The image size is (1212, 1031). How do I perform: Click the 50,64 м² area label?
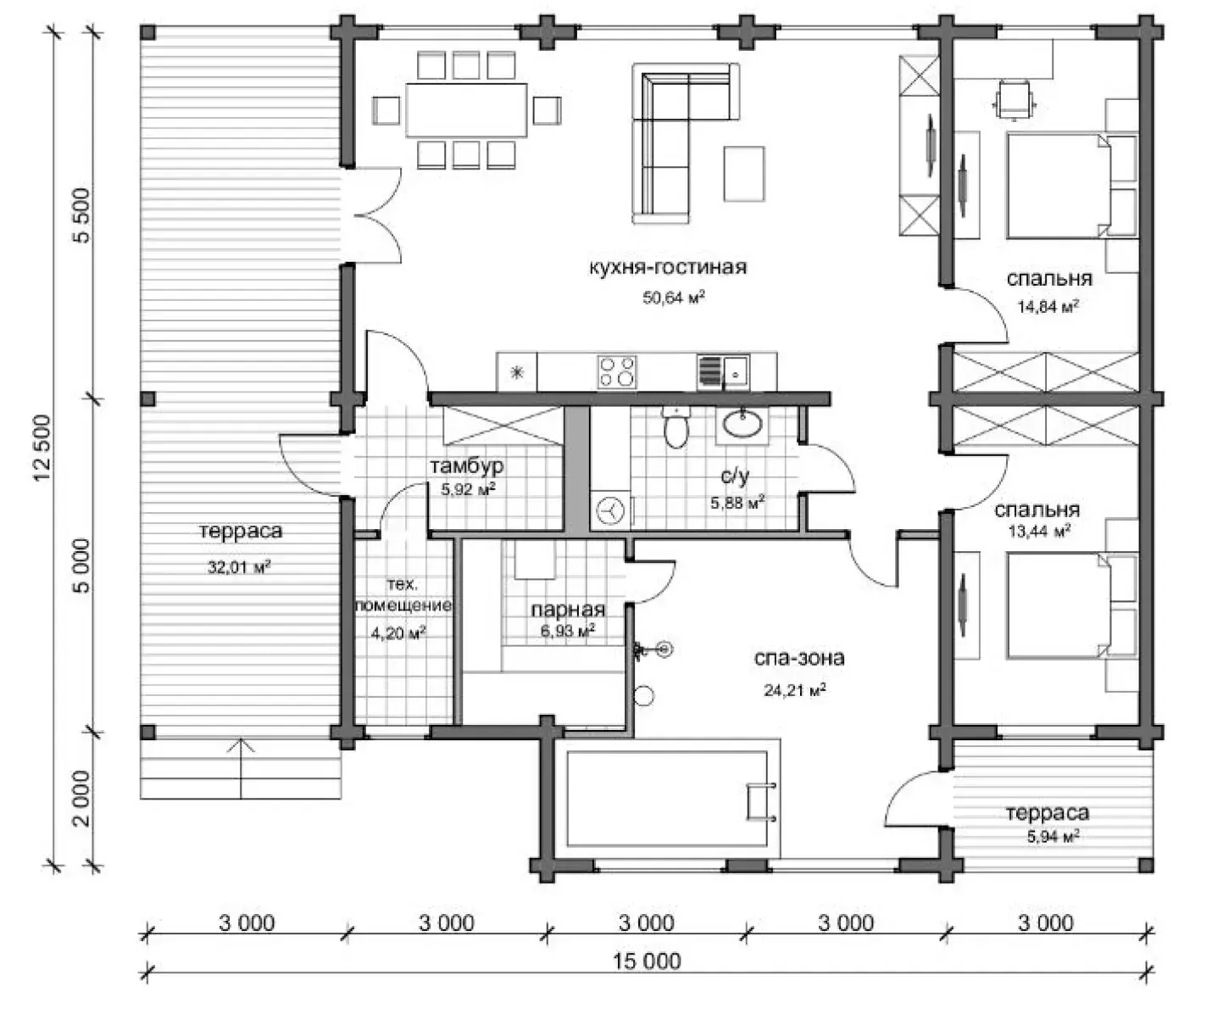coord(674,298)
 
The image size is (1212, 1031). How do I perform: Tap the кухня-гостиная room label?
coord(668,267)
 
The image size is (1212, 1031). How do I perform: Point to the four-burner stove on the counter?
coord(617,372)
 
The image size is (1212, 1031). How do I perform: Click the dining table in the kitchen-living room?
coord(467,109)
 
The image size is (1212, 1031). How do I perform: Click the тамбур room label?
coord(467,466)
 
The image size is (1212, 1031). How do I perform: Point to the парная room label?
coord(568,610)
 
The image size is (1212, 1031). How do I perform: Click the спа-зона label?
coord(799,658)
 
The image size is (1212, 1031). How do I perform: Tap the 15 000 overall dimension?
coord(648,961)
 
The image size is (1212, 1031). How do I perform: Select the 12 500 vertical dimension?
coord(43,448)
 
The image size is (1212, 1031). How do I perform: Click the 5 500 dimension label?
coord(83,215)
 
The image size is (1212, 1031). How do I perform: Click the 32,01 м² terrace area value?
coord(239,567)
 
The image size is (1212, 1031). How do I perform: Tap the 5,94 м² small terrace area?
coord(1054,836)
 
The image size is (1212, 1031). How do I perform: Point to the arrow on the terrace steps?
coord(241,768)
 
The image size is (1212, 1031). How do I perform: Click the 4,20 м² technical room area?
coord(398,633)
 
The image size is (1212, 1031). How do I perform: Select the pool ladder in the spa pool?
coord(761,801)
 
